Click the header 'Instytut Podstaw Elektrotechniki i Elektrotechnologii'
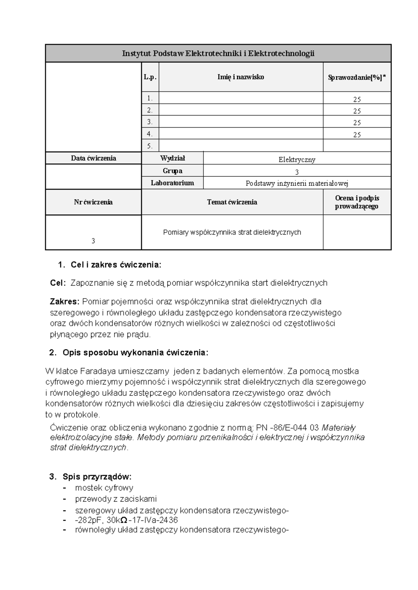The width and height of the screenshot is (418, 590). pos(218,54)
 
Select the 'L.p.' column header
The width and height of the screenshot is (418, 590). pos(150,77)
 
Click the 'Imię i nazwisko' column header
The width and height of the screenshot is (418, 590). pos(241,77)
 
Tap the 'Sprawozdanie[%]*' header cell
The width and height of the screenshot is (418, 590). pos(357,78)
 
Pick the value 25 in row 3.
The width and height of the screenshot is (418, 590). pos(357,123)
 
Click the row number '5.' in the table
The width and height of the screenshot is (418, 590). pos(150,146)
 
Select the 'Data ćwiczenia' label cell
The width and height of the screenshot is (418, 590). pos(93,158)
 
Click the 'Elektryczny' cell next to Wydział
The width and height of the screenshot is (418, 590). pos(297,160)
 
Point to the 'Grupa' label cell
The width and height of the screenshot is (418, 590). pos(172,171)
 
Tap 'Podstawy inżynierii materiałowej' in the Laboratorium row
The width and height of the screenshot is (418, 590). pos(297,183)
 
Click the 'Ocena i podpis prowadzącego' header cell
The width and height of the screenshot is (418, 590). pos(357,202)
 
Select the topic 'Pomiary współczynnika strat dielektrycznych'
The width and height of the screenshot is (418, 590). pos(232,232)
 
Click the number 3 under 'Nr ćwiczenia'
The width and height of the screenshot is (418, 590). pos(93,241)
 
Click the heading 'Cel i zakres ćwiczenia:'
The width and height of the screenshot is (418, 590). pos(116,265)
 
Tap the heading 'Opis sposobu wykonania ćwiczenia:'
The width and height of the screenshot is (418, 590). pos(135,353)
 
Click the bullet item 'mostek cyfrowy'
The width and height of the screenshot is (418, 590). pos(104,488)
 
